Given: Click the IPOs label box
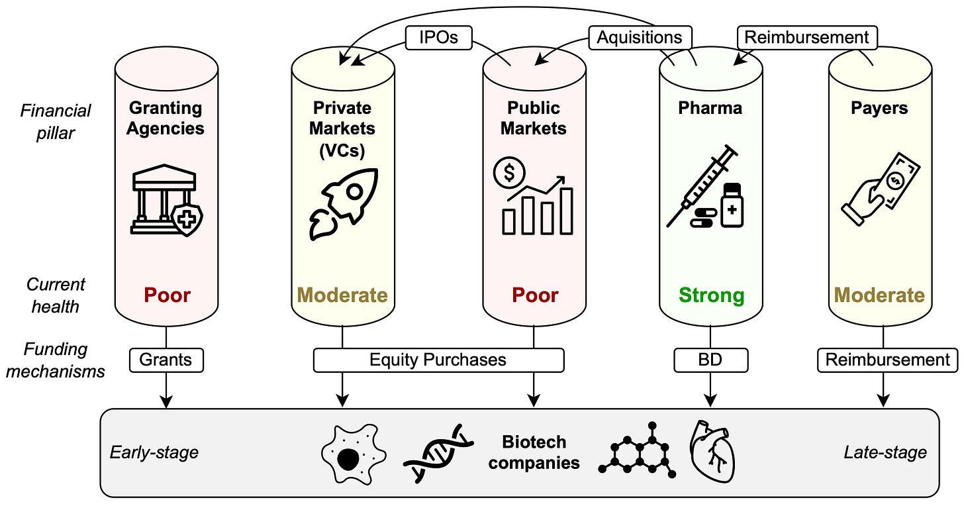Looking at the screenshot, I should (x=438, y=38).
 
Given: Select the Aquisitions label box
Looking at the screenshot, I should (x=640, y=38).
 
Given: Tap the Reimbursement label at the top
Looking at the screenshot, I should (x=806, y=38).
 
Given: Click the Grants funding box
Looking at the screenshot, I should (x=166, y=360).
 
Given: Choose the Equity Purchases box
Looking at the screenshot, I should (x=438, y=360).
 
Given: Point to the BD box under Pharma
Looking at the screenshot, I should (x=710, y=360).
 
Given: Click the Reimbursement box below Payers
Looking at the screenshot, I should (x=887, y=360).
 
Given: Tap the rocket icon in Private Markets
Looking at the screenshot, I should (x=342, y=202).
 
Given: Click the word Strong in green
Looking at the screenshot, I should (x=711, y=295).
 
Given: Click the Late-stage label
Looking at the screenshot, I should (x=885, y=453).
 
